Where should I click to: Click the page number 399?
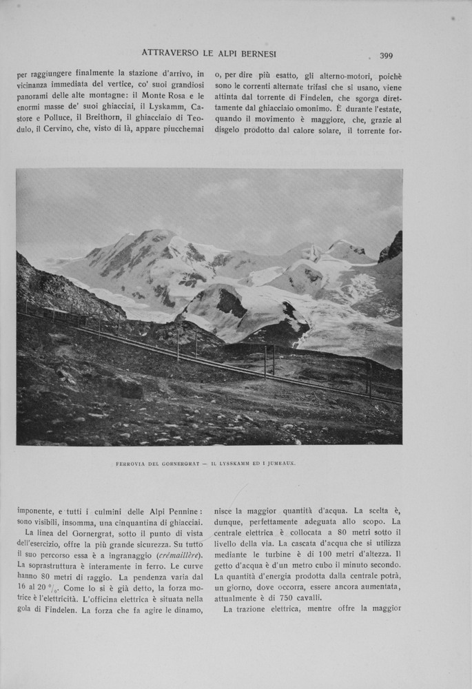click(386, 56)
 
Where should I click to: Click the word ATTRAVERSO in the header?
click(172, 52)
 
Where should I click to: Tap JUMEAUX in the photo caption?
click(277, 464)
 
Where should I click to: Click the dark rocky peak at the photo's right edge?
click(392, 247)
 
